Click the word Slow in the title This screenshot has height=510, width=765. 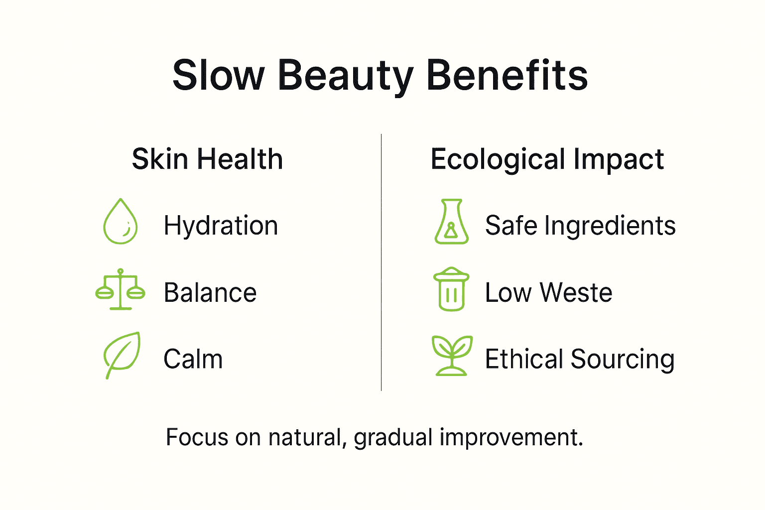(x=218, y=76)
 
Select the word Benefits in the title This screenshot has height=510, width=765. (x=507, y=76)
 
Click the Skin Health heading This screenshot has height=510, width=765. (x=207, y=159)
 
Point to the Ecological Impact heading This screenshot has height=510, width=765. (x=547, y=159)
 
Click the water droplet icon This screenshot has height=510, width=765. (x=121, y=222)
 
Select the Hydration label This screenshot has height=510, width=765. (x=221, y=226)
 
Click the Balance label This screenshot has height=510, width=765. (x=210, y=292)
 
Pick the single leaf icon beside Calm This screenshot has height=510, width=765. (x=122, y=355)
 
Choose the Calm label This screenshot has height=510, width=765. (x=193, y=359)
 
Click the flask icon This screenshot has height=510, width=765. (x=451, y=222)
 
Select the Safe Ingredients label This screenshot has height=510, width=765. (x=580, y=226)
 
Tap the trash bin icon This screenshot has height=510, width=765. (x=451, y=289)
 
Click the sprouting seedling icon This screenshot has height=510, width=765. (x=451, y=355)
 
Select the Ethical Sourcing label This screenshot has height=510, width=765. (x=580, y=359)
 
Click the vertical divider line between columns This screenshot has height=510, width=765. (x=382, y=262)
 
